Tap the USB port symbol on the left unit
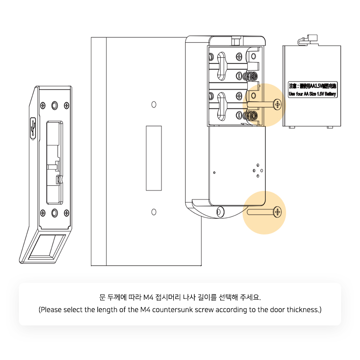[33, 126]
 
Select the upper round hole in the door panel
[153, 104]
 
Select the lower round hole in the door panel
[153, 211]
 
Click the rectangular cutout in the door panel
[153, 157]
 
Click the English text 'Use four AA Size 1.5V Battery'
[312, 94]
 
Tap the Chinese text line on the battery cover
[312, 86]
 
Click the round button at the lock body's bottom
[220, 211]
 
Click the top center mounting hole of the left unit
[55, 104]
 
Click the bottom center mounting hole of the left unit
[55, 212]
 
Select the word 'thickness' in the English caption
[302, 310]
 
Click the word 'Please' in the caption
[51, 310]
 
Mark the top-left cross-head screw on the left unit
[43, 104]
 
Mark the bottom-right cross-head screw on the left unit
[66, 212]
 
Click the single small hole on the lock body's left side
[214, 172]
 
